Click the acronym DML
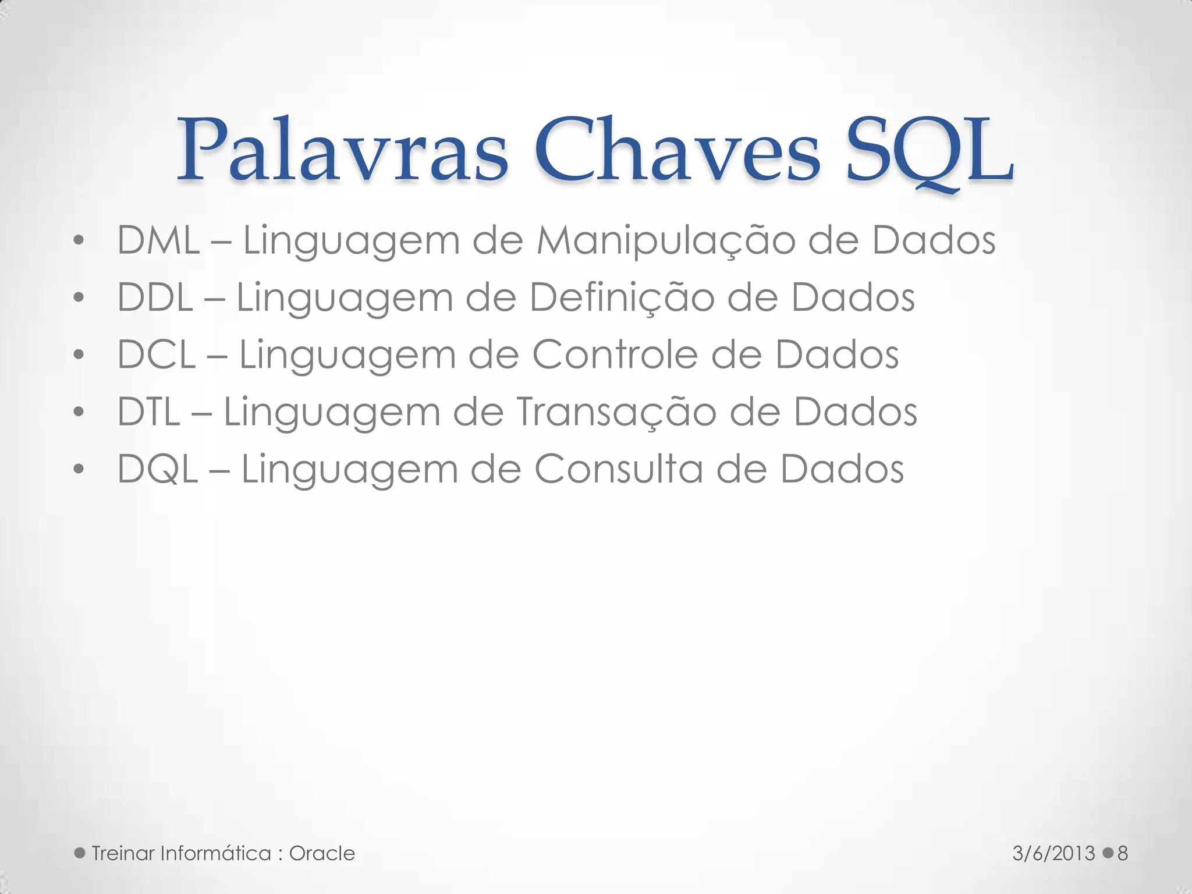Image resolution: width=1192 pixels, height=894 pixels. [x=158, y=240]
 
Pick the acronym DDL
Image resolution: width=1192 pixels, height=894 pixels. [x=155, y=297]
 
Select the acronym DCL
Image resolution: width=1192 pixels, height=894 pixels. [x=156, y=354]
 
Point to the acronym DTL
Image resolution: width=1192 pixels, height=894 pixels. [x=148, y=411]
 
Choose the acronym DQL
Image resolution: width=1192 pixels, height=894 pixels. [x=157, y=469]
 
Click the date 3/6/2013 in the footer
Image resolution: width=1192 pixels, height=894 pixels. [x=1053, y=854]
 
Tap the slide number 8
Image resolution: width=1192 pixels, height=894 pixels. [x=1123, y=854]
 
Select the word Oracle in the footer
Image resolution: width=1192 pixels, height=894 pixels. [x=322, y=854]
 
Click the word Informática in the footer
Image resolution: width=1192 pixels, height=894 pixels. [x=215, y=854]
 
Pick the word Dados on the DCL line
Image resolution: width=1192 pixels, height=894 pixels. [x=836, y=354]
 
